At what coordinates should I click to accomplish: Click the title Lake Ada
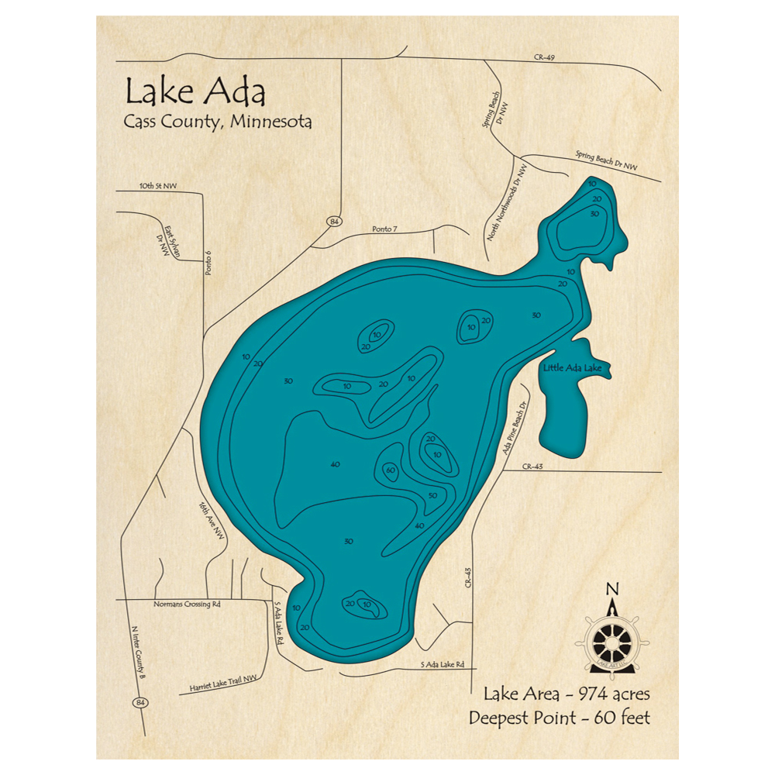click(195, 92)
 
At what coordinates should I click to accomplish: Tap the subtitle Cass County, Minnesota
click(218, 122)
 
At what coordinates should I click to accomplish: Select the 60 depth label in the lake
click(390, 470)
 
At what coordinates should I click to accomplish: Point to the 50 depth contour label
click(433, 496)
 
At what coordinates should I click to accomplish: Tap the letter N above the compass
click(612, 587)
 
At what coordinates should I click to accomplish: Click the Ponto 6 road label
click(208, 263)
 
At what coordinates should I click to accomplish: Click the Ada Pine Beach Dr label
click(517, 430)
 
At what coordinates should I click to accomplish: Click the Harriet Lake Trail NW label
click(222, 683)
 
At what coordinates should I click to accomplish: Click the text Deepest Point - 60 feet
click(559, 718)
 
